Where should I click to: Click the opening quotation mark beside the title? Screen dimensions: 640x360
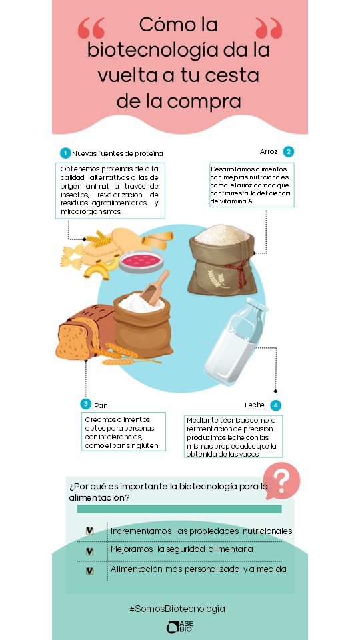91,29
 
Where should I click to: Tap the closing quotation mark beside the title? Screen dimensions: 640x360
269,29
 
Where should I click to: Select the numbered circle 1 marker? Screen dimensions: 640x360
65,153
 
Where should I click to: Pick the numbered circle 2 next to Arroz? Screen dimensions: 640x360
288,151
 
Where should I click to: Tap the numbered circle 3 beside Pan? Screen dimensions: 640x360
85,404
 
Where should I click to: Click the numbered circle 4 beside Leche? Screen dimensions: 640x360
275,405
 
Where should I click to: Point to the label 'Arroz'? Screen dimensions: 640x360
269,151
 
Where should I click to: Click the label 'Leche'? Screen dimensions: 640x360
254,405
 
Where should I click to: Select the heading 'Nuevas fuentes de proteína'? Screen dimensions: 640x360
117,153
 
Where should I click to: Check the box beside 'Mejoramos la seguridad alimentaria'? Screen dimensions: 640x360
89,551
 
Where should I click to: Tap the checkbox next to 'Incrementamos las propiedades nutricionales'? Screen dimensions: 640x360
89,531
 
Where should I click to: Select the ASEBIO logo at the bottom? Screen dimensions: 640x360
180,627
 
